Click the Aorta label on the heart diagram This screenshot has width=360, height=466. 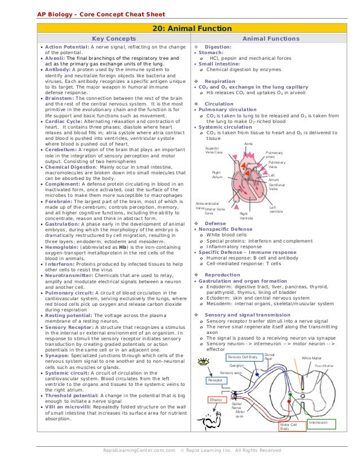(248, 144)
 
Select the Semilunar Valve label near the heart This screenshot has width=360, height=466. (277, 187)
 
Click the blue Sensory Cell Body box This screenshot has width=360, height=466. (243, 357)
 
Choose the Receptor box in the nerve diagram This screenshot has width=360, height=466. (215, 381)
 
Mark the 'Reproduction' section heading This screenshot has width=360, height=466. (222, 275)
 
